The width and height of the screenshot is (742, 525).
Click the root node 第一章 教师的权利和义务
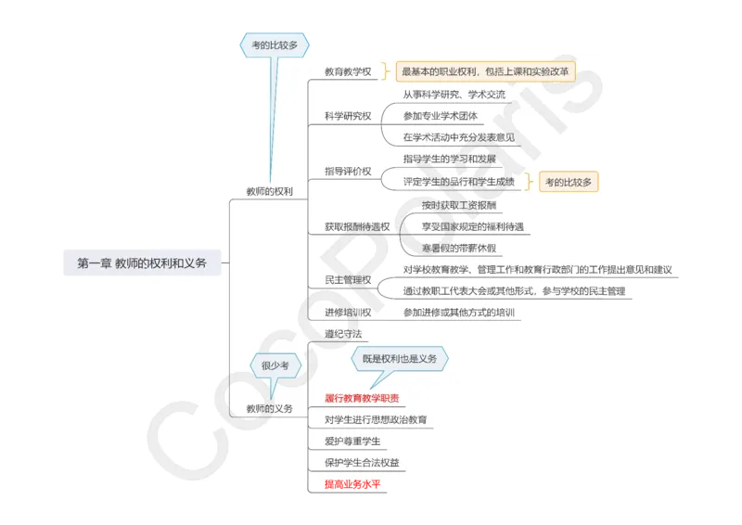[x=141, y=263]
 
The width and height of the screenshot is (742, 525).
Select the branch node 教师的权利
[x=269, y=191]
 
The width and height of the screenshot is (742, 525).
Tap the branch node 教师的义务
[x=269, y=408]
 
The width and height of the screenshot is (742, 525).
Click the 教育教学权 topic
[x=348, y=71]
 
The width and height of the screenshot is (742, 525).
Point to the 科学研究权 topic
[x=348, y=116]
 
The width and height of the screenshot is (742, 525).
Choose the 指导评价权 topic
[x=348, y=172]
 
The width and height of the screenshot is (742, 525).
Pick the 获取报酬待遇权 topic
[x=357, y=225]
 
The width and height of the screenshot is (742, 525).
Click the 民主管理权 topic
[x=348, y=279]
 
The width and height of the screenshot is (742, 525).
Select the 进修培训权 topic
[x=348, y=313]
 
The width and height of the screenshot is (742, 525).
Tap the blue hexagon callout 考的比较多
[x=275, y=44]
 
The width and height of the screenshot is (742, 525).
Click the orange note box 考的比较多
[x=568, y=183]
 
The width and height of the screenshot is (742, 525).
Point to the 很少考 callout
[x=275, y=366]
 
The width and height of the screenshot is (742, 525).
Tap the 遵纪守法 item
[x=343, y=333]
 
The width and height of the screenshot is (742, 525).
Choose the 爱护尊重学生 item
[x=352, y=441]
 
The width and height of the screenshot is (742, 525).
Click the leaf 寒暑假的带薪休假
[x=459, y=248]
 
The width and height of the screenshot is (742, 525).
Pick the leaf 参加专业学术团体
[x=441, y=116]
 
